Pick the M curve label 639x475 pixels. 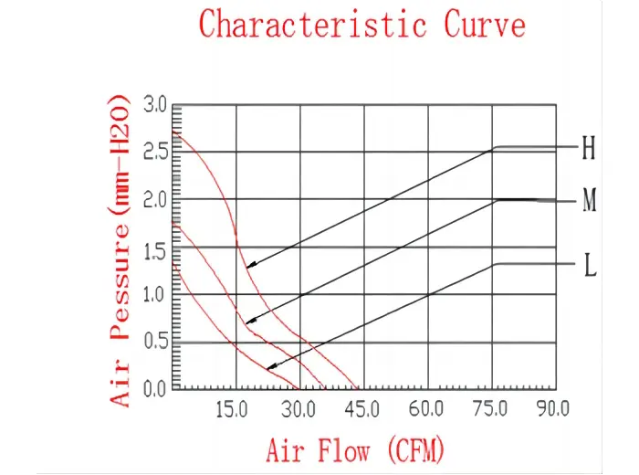(590, 201)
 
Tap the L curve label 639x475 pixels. (590, 267)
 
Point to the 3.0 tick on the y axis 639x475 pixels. (155, 106)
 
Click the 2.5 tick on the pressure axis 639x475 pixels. (155, 152)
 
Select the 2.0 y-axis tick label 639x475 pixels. (155, 199)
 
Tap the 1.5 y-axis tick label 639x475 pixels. (155, 248)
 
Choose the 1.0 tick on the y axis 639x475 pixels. (155, 295)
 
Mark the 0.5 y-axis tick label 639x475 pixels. (155, 343)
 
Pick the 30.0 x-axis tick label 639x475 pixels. (299, 409)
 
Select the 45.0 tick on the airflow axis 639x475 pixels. (362, 409)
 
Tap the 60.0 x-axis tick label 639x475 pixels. (426, 409)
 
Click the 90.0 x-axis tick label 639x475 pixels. (553, 409)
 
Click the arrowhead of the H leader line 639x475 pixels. (248, 266)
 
